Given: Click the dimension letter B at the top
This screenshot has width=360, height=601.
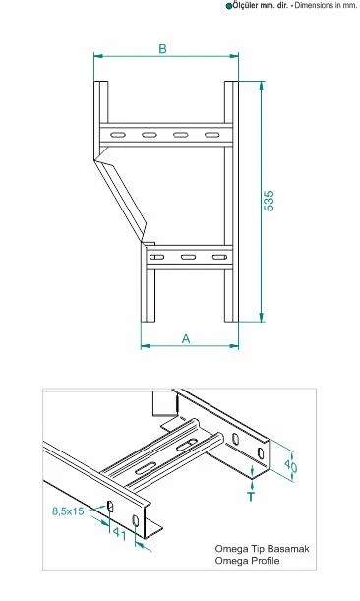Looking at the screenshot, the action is (x=163, y=49).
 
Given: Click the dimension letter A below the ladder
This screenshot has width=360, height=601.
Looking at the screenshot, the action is (x=186, y=339).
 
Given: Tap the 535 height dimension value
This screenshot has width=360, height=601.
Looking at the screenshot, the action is (x=270, y=201).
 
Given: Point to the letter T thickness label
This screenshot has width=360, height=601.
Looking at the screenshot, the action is (x=251, y=496).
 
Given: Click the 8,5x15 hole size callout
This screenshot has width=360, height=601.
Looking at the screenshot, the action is (x=68, y=511).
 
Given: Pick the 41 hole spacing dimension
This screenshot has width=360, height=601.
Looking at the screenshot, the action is (x=119, y=534).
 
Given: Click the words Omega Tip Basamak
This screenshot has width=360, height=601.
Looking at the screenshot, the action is (x=262, y=549).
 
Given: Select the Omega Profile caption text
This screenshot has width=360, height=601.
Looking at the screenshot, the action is (x=247, y=561).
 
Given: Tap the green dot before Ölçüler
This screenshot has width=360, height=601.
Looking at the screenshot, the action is (x=229, y=6).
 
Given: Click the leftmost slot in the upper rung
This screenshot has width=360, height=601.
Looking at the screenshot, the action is (x=118, y=135).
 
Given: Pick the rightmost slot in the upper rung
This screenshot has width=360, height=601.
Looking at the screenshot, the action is (x=212, y=135).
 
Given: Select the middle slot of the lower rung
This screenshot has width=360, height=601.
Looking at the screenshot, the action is (x=188, y=257).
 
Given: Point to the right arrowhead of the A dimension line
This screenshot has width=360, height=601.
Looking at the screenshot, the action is (x=234, y=346).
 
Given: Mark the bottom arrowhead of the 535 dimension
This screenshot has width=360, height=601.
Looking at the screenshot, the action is (x=262, y=318).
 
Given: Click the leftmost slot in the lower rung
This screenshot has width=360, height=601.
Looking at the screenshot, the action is (x=156, y=257).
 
